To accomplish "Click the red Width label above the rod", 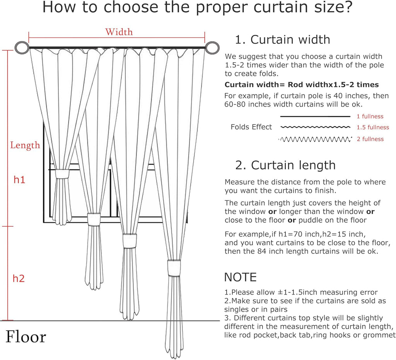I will (x=119, y=32).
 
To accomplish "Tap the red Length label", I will (x=25, y=145).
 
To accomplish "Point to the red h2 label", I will (x=19, y=278).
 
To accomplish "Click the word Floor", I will (x=26, y=337).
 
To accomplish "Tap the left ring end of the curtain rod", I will (x=22, y=48).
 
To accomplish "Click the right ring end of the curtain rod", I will (x=212, y=48).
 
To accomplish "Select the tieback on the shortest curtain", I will (x=62, y=174).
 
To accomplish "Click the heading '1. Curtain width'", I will (x=282, y=39).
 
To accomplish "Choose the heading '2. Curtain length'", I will (x=285, y=165).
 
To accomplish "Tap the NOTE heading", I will (x=240, y=277).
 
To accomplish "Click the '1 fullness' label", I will (x=370, y=116).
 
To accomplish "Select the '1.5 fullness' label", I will (x=373, y=127).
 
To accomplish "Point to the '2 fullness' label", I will (x=370, y=139).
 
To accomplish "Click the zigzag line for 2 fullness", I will (x=315, y=139).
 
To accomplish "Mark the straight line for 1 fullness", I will (x=315, y=116).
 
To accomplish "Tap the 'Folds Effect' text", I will (x=251, y=127).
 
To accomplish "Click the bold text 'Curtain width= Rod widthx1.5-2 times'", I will (x=302, y=85).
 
